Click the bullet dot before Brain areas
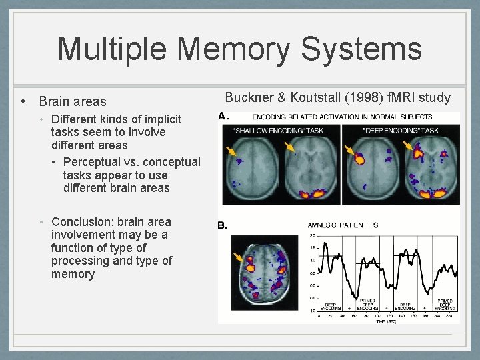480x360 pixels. coord(23,102)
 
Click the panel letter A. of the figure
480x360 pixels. coord(224,116)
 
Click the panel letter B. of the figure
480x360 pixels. coord(223,225)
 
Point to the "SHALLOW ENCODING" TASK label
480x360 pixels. coord(278,131)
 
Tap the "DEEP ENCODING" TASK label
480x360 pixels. coord(401,131)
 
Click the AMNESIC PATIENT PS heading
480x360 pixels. coord(342,225)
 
